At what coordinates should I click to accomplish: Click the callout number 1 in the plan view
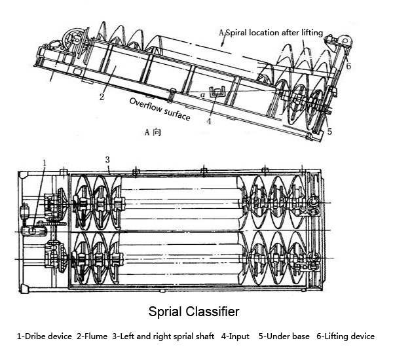[45, 161]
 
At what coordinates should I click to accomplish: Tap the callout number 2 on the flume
[102, 98]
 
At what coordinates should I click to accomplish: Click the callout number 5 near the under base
[329, 132]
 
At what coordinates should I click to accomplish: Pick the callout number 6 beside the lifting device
[348, 66]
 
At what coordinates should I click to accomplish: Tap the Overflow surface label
[160, 110]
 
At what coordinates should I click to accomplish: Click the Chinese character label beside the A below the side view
[157, 132]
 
